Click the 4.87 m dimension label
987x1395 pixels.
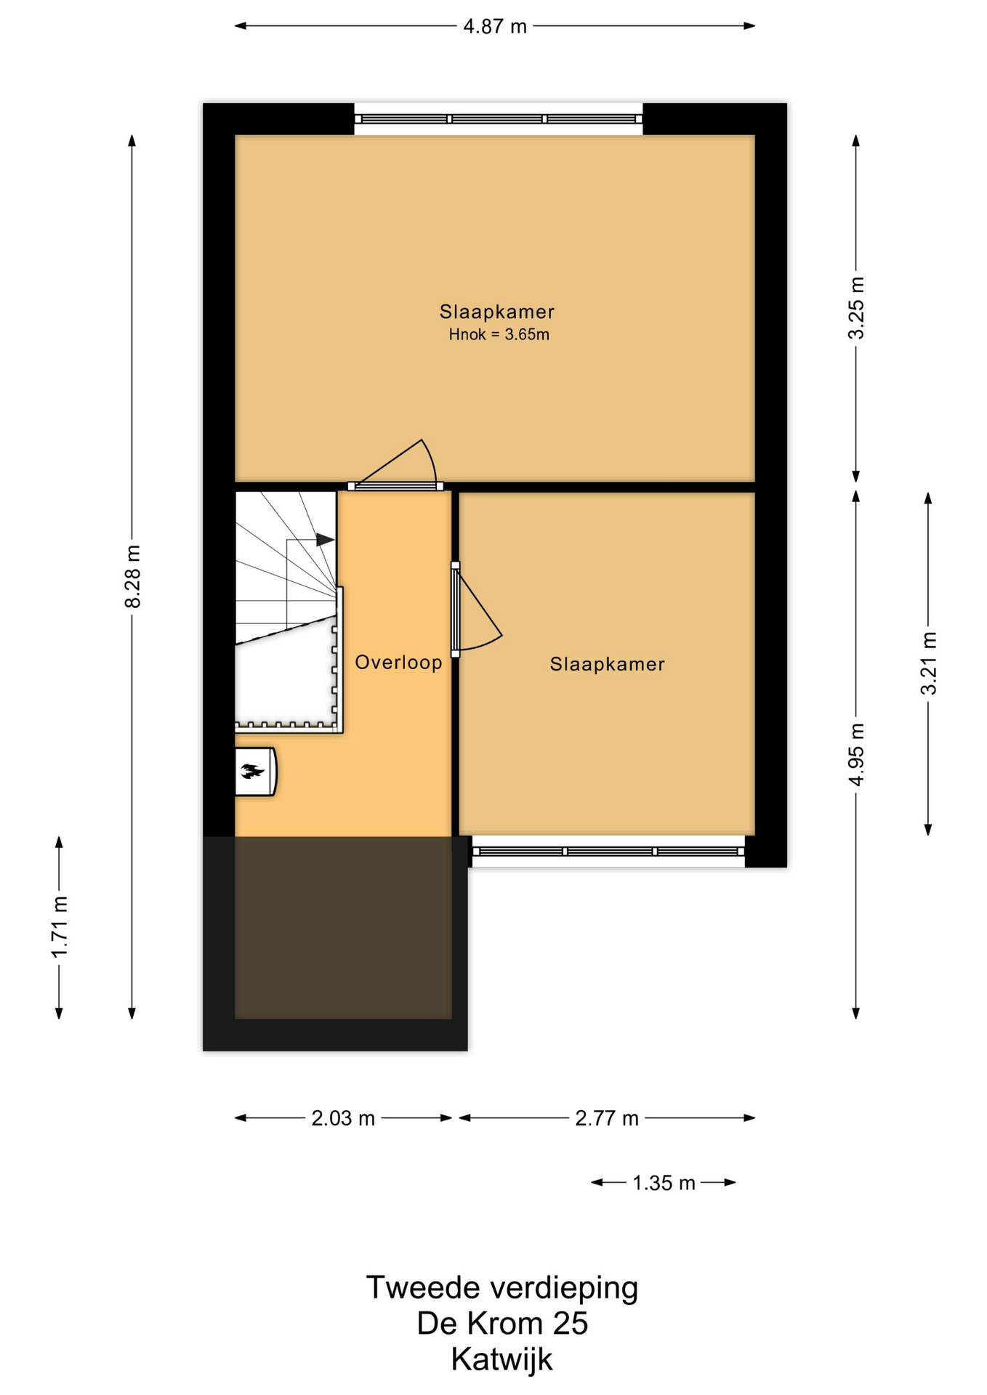(495, 27)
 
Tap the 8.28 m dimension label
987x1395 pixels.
(132, 576)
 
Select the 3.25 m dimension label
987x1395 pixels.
(856, 308)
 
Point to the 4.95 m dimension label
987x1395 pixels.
(856, 754)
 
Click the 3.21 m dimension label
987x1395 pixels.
(928, 663)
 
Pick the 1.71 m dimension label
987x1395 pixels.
(60, 926)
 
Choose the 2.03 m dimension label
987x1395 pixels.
(343, 1118)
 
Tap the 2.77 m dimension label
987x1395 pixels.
(607, 1118)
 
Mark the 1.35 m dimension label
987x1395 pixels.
(664, 1183)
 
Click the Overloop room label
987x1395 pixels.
(398, 662)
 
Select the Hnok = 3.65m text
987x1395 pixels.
(499, 335)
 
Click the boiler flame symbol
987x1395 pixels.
(252, 772)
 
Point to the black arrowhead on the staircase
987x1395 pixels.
(325, 540)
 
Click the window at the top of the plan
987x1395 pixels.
(499, 119)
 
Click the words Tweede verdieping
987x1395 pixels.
(502, 1288)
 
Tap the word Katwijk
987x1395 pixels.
(502, 1359)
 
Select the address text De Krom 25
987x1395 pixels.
(502, 1324)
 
